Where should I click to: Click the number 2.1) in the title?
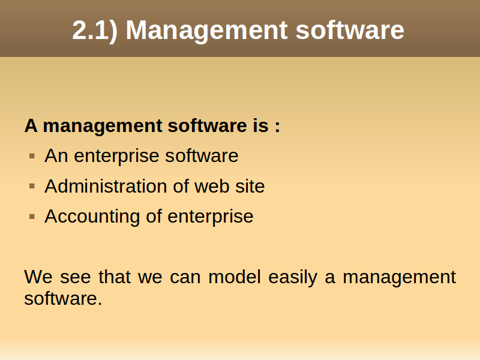point(95,30)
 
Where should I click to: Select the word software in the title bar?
point(350,29)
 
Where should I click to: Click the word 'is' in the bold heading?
point(260,125)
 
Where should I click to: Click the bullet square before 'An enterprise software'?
point(32,156)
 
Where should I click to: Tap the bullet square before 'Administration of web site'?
point(32,186)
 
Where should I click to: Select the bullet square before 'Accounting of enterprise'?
point(32,217)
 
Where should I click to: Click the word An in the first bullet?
point(56,155)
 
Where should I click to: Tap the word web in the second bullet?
point(212,186)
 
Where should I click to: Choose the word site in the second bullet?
point(250,186)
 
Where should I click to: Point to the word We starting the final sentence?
point(38,277)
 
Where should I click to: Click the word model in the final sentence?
point(235,277)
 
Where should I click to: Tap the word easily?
point(293,278)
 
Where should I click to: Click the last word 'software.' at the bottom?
point(63,298)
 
